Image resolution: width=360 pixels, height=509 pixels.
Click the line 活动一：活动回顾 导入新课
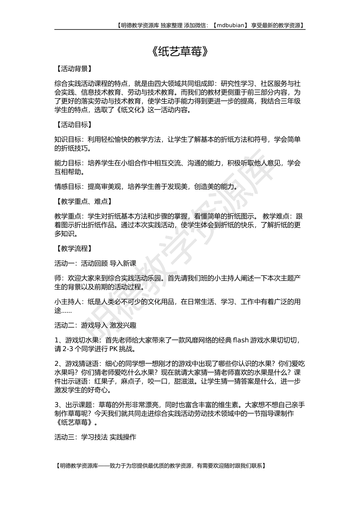point(95,263)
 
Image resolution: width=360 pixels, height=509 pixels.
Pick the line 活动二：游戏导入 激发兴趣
point(95,325)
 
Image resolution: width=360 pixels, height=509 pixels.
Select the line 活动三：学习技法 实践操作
point(95,437)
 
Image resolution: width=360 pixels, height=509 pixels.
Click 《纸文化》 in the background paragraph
point(133,110)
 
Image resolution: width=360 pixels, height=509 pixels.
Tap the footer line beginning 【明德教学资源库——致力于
point(160,466)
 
